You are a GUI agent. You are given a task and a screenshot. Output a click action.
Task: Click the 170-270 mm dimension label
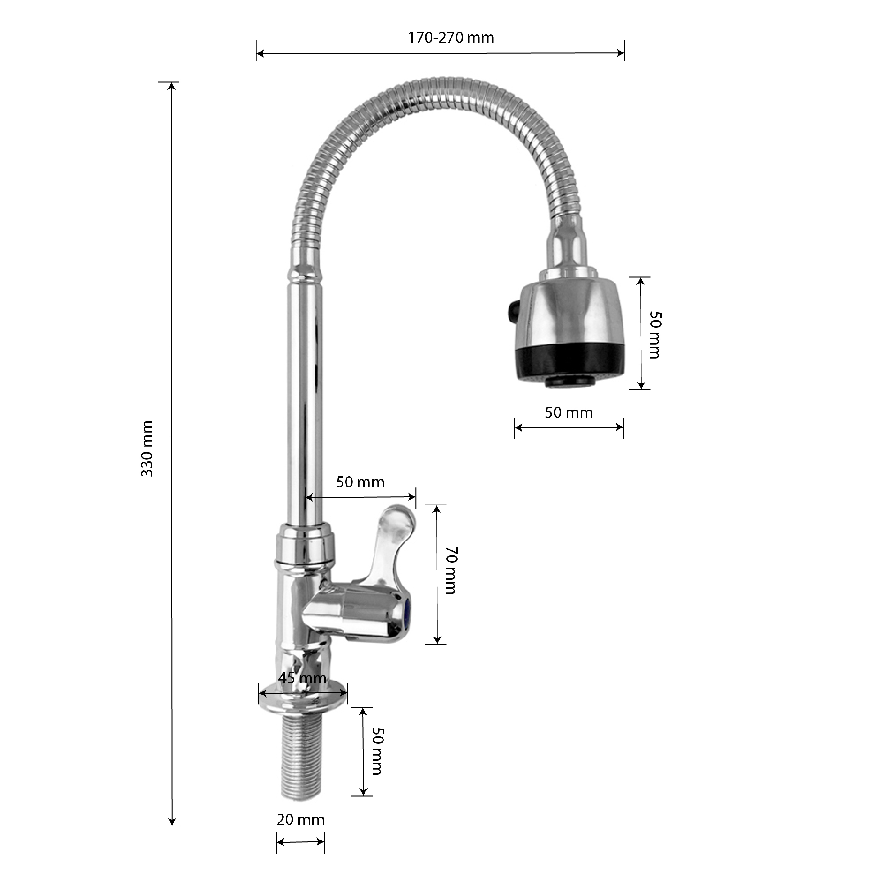[451, 38]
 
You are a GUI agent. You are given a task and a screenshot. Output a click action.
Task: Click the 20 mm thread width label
[300, 819]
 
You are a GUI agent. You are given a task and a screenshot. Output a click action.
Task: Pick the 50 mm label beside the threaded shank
[377, 751]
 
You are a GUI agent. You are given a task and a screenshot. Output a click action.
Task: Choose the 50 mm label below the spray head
[568, 413]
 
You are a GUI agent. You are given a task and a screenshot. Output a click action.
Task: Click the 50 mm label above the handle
[360, 482]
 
